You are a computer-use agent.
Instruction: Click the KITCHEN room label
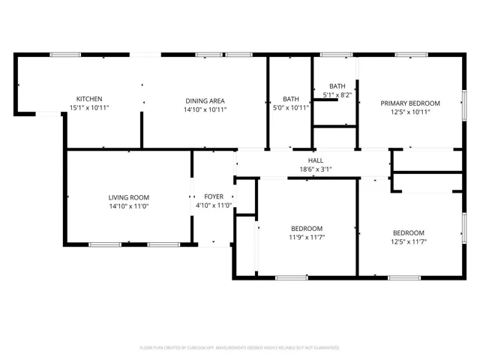[x=89, y=99]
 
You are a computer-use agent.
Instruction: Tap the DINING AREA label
[x=205, y=101]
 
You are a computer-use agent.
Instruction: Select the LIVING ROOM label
[x=129, y=198]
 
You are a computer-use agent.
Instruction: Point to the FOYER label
[x=214, y=196]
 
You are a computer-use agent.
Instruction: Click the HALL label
[x=316, y=160]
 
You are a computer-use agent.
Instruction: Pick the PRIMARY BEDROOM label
[x=410, y=103]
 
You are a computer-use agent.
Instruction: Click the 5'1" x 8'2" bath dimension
[x=337, y=95]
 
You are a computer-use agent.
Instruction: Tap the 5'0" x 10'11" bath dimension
[x=291, y=108]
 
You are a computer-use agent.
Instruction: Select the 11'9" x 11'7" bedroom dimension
[x=307, y=237]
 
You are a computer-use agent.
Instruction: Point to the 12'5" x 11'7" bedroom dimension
[x=409, y=241]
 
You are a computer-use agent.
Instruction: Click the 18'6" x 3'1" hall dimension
[x=316, y=169]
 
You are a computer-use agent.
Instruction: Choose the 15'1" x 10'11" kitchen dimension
[x=89, y=108]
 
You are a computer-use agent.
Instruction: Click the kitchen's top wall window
[x=65, y=55]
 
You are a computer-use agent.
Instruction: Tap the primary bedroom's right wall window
[x=464, y=105]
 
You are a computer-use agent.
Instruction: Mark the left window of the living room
[x=105, y=244]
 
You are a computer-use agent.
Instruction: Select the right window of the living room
[x=163, y=244]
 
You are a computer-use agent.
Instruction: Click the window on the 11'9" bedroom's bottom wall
[x=292, y=277]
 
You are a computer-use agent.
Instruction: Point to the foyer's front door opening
[x=214, y=244]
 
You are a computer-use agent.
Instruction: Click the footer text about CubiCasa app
[x=240, y=348]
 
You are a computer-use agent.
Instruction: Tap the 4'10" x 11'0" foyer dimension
[x=214, y=205]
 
